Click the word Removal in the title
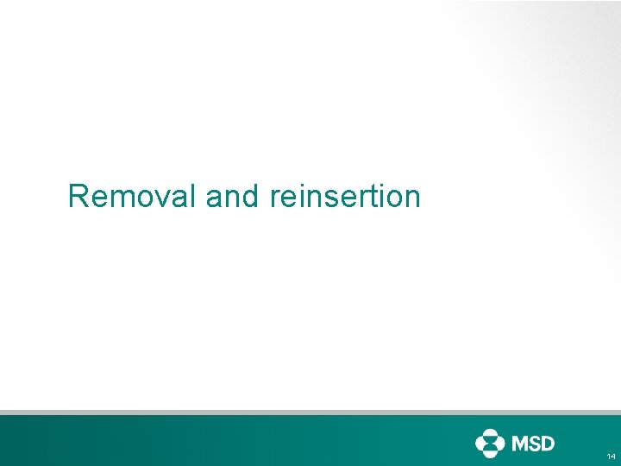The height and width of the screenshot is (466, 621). pos(133,197)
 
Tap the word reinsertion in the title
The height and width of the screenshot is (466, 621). pos(345,197)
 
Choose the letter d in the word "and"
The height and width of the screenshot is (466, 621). pos(250,197)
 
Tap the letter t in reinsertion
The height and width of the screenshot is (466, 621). pos(376,198)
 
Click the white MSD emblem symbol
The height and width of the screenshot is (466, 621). pos(489,444)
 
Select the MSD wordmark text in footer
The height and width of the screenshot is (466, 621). pos(533,444)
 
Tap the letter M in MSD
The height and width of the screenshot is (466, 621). pos(522,444)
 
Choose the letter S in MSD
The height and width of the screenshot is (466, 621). pos(536,444)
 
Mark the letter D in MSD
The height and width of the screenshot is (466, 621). pos(548,444)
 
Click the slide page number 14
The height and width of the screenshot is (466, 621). pos(611,456)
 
